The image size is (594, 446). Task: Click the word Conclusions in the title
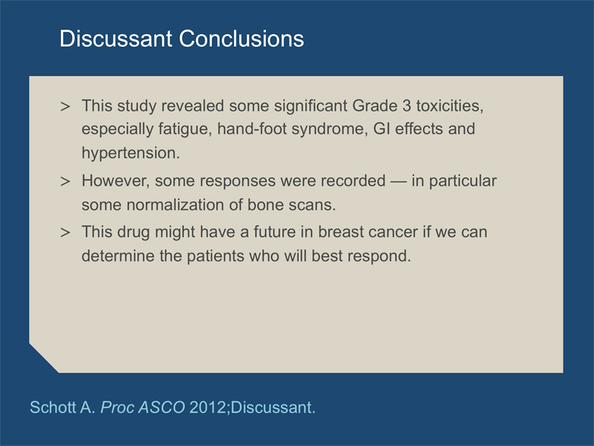click(241, 39)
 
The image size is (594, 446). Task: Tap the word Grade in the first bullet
click(375, 106)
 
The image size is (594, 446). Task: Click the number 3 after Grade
click(406, 106)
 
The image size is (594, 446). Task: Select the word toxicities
click(450, 106)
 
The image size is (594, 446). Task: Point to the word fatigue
click(185, 129)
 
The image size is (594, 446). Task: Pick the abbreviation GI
click(382, 129)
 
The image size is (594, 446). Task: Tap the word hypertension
click(131, 153)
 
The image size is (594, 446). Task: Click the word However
click(116, 181)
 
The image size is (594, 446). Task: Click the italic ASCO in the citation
click(162, 407)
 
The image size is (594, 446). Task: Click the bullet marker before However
click(65, 181)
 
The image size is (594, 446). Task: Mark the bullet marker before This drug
click(65, 233)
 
